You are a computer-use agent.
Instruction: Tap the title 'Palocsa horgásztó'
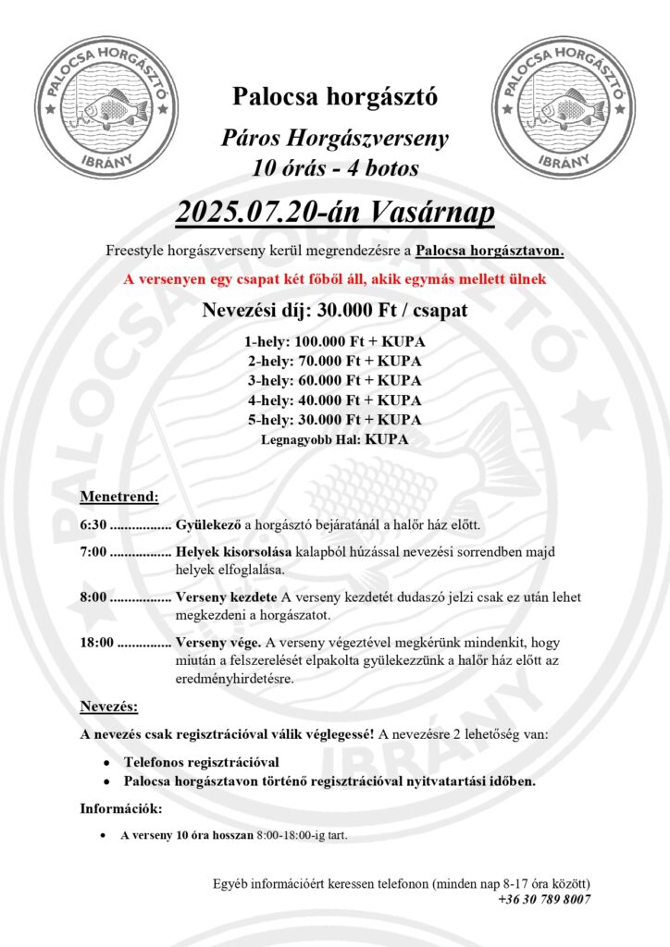334,95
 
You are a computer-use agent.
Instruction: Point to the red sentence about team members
334,278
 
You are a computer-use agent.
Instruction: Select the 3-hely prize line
334,380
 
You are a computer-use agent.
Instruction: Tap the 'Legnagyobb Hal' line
334,439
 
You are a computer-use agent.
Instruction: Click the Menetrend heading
119,497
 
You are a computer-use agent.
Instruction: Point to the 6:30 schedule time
93,525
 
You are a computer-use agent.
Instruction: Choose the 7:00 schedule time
93,552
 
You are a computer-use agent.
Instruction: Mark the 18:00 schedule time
96,642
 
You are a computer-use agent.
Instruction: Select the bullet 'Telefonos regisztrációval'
202,763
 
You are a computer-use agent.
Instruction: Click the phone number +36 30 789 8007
544,899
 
